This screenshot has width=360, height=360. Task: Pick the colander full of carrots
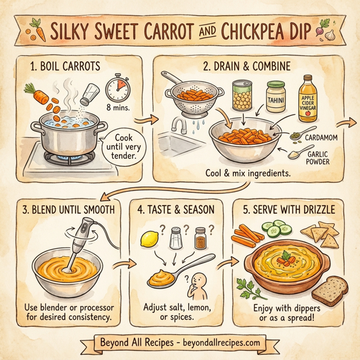191,96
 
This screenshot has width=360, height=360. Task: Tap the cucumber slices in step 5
277,229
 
